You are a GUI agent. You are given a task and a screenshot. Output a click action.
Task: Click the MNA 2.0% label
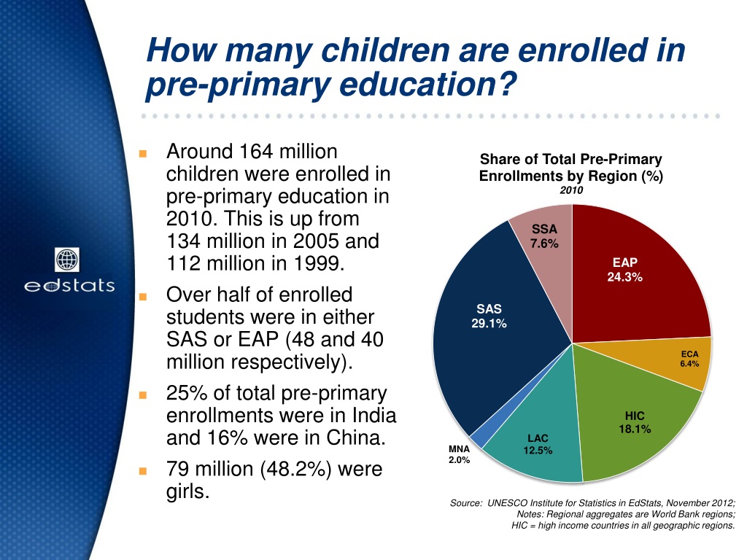click(459, 454)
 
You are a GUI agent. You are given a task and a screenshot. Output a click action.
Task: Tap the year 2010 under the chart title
click(571, 190)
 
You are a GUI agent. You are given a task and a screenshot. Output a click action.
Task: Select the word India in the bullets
click(372, 416)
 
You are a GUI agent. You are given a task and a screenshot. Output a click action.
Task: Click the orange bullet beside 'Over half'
click(143, 297)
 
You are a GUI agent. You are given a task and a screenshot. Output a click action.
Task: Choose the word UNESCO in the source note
click(509, 503)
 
